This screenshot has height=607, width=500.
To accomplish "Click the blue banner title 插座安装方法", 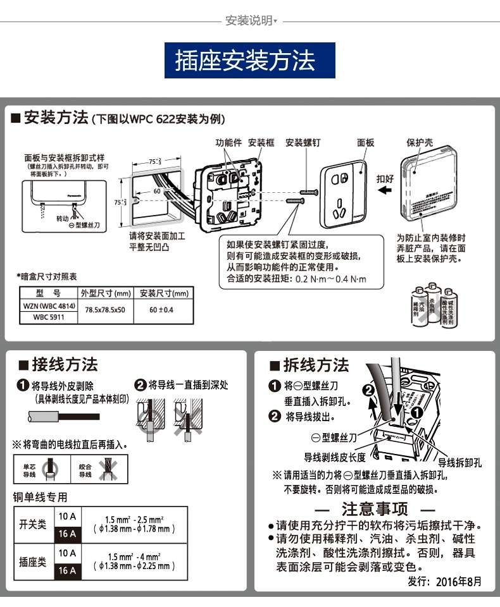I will [x=249, y=61].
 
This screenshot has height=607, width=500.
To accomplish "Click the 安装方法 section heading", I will [x=56, y=118].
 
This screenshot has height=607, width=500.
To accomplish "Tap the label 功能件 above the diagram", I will [x=228, y=143].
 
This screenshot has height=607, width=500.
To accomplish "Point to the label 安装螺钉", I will [x=302, y=143].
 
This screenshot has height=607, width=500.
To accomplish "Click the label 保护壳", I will [x=419, y=143].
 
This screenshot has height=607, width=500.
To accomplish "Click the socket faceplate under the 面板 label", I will [x=342, y=195].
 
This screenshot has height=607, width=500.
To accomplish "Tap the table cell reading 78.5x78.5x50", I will [x=105, y=310].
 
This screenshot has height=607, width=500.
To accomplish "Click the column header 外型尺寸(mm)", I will [x=105, y=293].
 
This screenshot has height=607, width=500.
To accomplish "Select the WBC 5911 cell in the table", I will [x=49, y=318].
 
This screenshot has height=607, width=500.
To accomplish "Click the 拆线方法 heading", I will [x=316, y=365].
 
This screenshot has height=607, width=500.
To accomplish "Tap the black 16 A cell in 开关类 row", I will [x=67, y=534].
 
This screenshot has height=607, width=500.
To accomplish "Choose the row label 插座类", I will [x=33, y=561].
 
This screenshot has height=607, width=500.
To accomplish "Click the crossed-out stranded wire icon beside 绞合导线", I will [x=104, y=470].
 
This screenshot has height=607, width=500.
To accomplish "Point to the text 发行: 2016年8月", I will [x=444, y=581].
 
